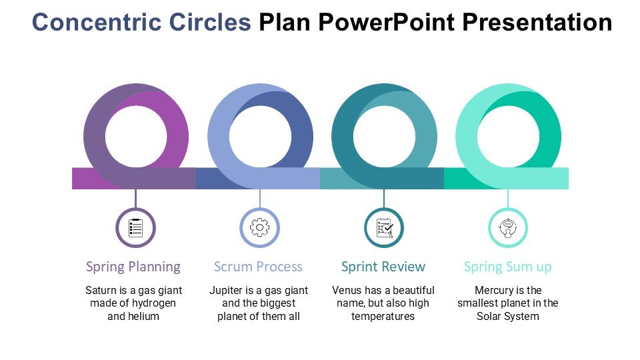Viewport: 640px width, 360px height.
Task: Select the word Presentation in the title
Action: coord(537,23)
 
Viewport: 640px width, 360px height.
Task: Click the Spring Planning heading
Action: coord(133,267)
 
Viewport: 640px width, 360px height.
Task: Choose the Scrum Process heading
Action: coord(258,267)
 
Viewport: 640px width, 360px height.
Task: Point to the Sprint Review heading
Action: coord(383,267)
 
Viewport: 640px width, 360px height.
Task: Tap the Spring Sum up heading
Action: coord(508,267)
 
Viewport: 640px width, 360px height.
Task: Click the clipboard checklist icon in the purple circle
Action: coord(136,228)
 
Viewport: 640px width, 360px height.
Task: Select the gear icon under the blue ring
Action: coord(259,228)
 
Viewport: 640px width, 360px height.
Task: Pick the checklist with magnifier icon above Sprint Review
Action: coord(384,228)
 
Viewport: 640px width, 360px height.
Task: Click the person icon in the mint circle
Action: coord(508,228)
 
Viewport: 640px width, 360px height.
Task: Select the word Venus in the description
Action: coord(347,291)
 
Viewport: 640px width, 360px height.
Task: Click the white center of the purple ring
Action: coord(136,137)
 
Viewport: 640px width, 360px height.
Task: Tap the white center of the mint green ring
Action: coord(508,137)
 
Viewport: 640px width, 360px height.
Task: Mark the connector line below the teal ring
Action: coord(384,198)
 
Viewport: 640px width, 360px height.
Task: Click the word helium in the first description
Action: coord(143,316)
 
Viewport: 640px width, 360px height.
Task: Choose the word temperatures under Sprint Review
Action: coord(383,316)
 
